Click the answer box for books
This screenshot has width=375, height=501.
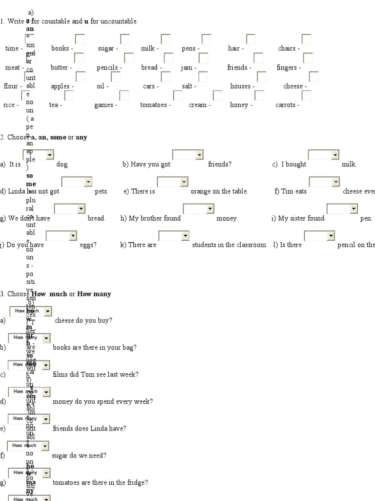pos(80,39)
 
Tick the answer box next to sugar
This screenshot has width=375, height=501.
pos(125,39)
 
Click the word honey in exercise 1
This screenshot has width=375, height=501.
pos(239,105)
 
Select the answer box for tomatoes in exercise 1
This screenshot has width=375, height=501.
pos(178,95)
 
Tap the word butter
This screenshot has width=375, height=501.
pos(59,68)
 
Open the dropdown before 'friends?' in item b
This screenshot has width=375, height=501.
pos(187,155)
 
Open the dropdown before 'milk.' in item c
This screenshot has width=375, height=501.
pos(323,155)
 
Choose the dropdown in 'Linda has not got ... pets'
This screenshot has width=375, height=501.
pos(77,182)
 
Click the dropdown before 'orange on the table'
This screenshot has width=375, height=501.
pos(172,182)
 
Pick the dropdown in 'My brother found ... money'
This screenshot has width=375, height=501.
pos(198,209)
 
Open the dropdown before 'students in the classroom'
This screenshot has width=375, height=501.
pos(174,236)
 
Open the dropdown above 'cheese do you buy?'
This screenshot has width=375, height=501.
pos(30,311)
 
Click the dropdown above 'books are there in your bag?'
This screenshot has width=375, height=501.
pos(29,338)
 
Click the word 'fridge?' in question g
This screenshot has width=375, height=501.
pos(137,482)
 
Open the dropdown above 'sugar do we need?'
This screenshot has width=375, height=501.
pos(28,446)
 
